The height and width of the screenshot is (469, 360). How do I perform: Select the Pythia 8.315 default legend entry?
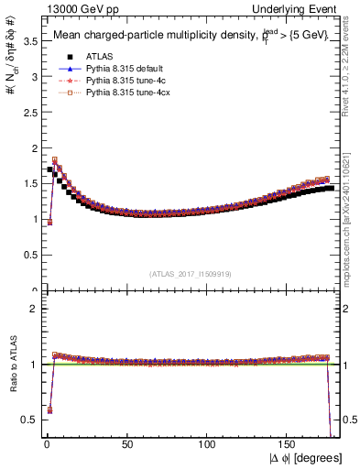click(x=125, y=68)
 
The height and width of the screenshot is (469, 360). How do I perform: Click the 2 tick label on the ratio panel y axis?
click(x=32, y=309)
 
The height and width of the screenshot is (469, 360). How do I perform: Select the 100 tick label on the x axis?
click(x=209, y=446)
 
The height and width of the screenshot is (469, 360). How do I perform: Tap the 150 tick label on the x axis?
click(x=289, y=446)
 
